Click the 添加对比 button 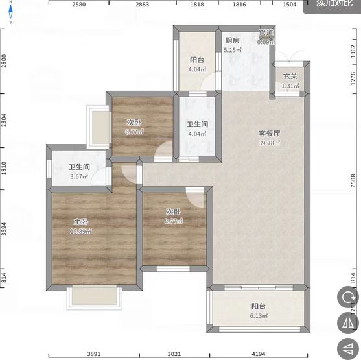tap(334, 4)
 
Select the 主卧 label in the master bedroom tap(80, 221)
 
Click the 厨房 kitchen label tap(232, 40)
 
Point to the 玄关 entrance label tap(290, 77)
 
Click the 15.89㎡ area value tap(80, 231)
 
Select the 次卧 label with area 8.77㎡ tap(172, 211)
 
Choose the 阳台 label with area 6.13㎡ tap(259, 307)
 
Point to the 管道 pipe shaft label tap(266, 33)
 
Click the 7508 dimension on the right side tap(353, 179)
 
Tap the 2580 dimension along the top tap(79, 5)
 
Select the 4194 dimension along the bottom tap(258, 354)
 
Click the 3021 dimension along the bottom tap(174, 354)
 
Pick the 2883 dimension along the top tap(142, 5)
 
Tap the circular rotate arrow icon tap(347, 298)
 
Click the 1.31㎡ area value tap(290, 86)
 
